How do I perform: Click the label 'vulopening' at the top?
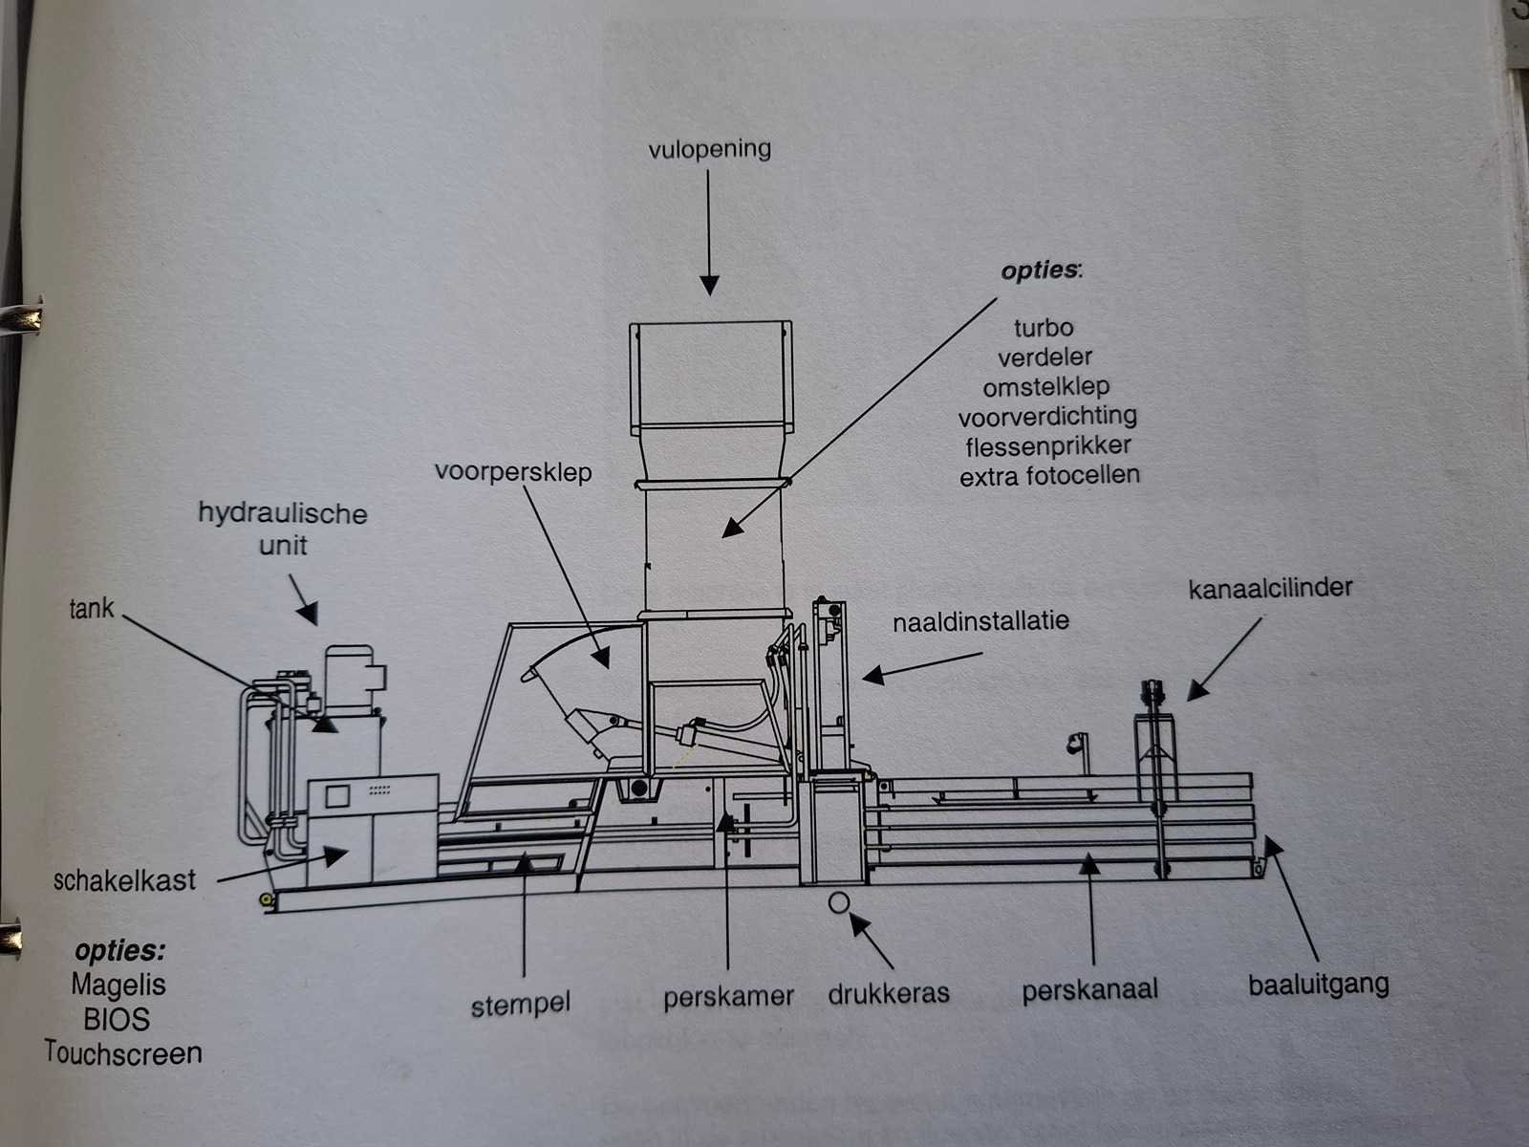(709, 149)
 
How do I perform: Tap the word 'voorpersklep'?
(513, 472)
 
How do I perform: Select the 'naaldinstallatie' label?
(980, 622)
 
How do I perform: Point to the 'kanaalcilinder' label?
(1270, 587)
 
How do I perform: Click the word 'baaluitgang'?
(1318, 985)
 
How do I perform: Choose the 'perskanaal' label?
(1089, 989)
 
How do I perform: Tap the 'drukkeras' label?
(889, 993)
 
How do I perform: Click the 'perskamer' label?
(728, 997)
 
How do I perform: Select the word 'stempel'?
(521, 1005)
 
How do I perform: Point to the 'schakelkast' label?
(124, 880)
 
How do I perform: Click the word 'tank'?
(91, 608)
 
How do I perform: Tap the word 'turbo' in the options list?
(1044, 328)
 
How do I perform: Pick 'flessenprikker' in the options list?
(1047, 446)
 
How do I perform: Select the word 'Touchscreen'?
(123, 1053)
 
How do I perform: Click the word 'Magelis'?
(118, 985)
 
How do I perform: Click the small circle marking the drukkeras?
(839, 901)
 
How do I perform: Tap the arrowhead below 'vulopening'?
(708, 285)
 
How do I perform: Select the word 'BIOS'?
(117, 1019)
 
